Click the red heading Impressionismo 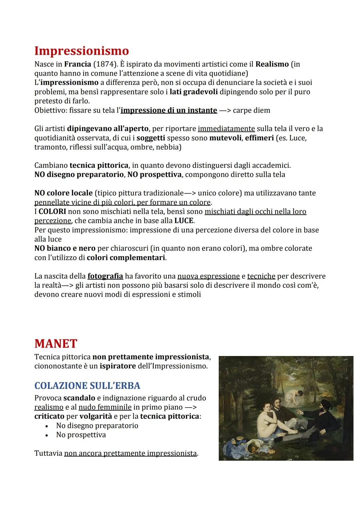coord(81,51)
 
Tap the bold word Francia coord(78,64)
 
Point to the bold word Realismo coord(272,64)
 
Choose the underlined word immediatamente coord(226,129)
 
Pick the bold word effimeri coord(259,138)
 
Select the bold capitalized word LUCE coord(184,221)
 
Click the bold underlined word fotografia coord(105,276)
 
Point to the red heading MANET coord(56,343)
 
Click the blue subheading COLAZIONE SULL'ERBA coord(87,386)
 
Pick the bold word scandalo coord(79,398)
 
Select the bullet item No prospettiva coord(81,435)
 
